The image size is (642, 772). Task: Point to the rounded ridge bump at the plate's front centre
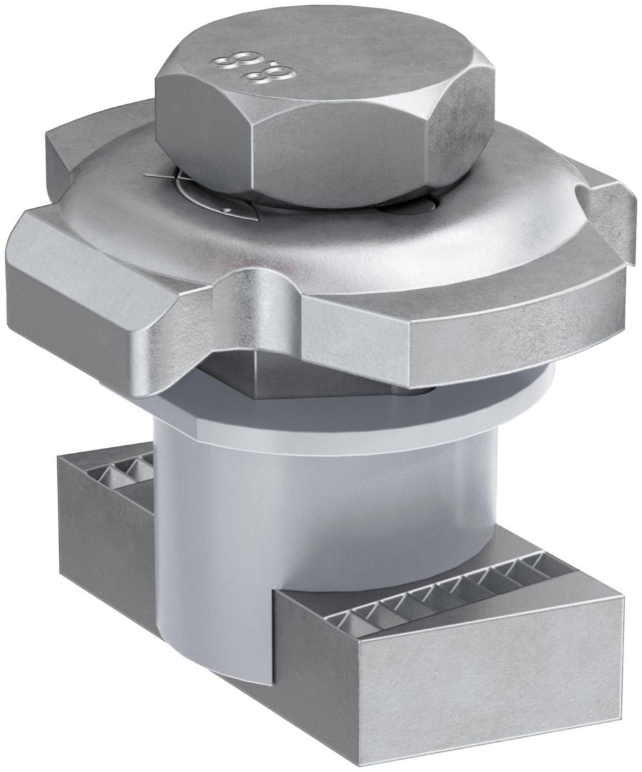pos(264,289)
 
